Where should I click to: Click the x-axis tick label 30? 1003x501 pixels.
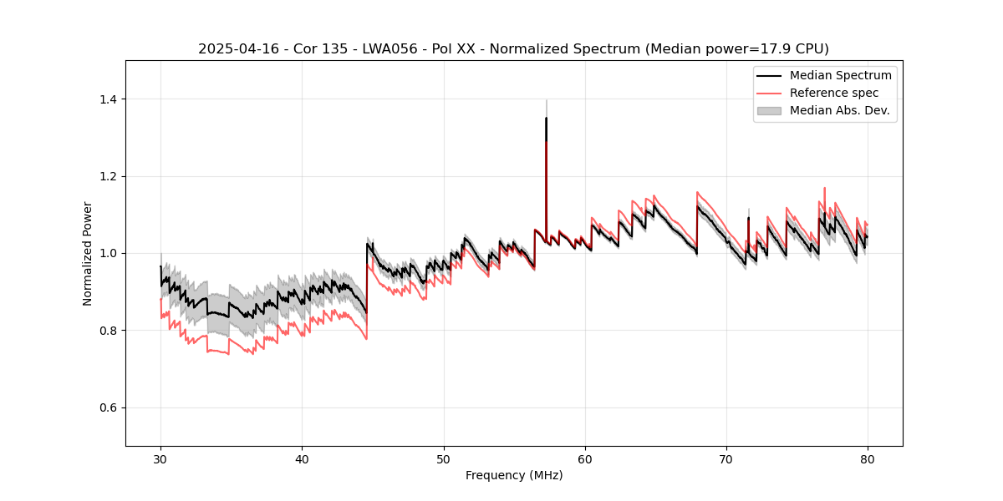[160, 458]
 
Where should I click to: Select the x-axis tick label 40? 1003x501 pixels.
[302, 458]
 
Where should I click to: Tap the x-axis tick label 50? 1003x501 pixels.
[444, 458]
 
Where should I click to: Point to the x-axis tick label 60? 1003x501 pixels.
[585, 458]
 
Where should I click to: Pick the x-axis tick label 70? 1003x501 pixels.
[726, 458]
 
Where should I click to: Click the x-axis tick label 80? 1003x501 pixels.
[868, 458]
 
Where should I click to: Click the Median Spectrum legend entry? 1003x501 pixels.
[840, 75]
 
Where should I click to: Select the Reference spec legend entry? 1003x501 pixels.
[834, 93]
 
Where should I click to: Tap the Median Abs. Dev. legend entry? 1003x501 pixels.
[840, 110]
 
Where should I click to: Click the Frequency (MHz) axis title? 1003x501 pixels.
[514, 475]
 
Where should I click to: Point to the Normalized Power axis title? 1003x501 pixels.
[88, 253]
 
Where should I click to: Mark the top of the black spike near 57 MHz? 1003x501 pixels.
[546, 118]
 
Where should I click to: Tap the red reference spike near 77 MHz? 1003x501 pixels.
[824, 189]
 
